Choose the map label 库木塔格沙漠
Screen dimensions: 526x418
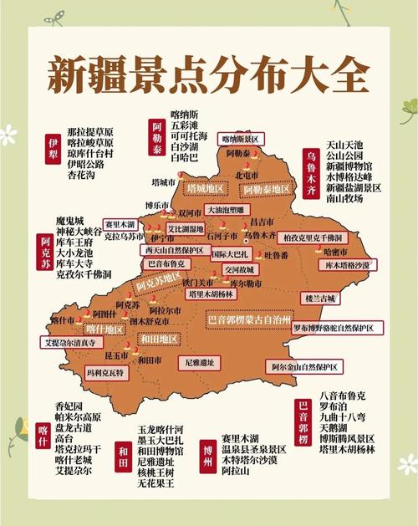(x=342, y=264)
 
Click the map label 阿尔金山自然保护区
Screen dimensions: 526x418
(x=306, y=366)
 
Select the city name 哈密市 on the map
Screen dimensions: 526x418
(x=332, y=251)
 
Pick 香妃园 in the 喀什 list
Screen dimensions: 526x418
(x=69, y=406)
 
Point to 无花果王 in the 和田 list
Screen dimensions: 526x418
(x=155, y=483)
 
